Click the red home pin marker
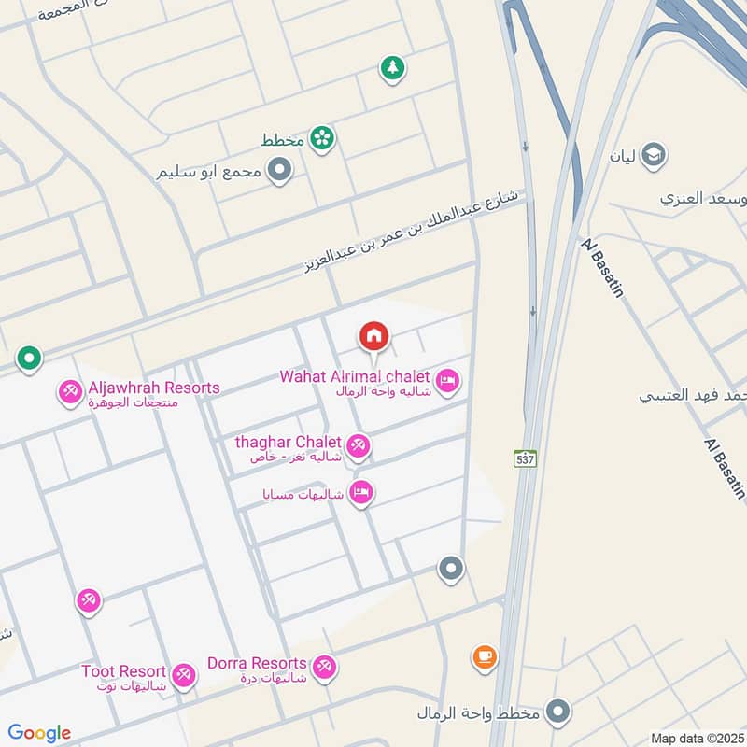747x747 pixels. click(x=373, y=335)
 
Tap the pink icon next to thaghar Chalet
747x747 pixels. click(x=357, y=444)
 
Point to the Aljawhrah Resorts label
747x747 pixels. click(x=154, y=388)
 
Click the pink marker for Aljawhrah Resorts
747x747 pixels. click(x=70, y=391)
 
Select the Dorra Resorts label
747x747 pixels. click(x=257, y=663)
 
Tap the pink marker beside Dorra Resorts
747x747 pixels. click(x=324, y=667)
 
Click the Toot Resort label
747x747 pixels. click(x=123, y=671)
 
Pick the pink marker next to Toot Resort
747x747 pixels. click(x=184, y=675)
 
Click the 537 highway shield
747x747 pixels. click(x=525, y=458)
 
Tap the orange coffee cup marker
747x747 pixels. click(x=484, y=656)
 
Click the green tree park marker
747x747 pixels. click(x=392, y=67)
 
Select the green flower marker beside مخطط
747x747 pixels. click(x=323, y=138)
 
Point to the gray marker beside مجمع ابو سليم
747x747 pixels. click(x=278, y=170)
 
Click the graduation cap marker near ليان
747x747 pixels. click(x=654, y=152)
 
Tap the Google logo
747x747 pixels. click(x=39, y=733)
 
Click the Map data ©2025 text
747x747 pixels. click(x=696, y=738)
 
